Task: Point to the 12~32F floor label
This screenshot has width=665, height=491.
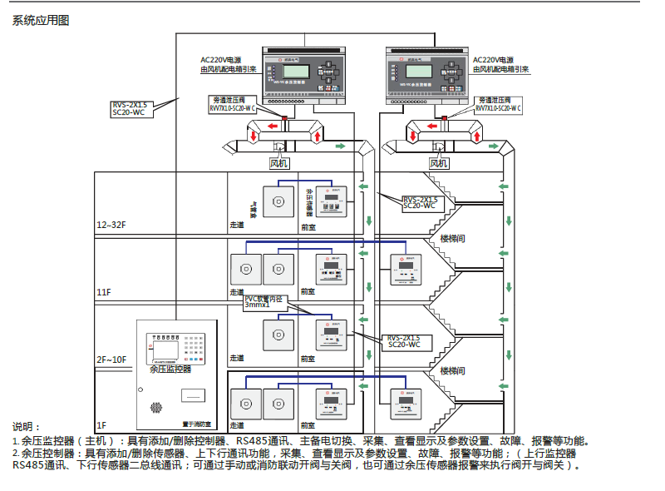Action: click(x=111, y=226)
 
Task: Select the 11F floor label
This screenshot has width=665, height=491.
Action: click(x=103, y=292)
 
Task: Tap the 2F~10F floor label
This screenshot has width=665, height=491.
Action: click(x=111, y=359)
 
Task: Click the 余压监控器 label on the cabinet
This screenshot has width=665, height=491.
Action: click(x=170, y=368)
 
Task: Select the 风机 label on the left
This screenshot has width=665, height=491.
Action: click(x=279, y=163)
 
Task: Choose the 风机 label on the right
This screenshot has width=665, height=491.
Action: click(x=438, y=163)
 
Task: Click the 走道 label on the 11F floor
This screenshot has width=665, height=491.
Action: click(x=237, y=292)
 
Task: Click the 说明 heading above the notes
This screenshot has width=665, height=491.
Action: click(x=27, y=426)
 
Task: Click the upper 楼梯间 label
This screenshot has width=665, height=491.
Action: click(x=452, y=239)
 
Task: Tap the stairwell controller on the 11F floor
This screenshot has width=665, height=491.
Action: click(x=406, y=270)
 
